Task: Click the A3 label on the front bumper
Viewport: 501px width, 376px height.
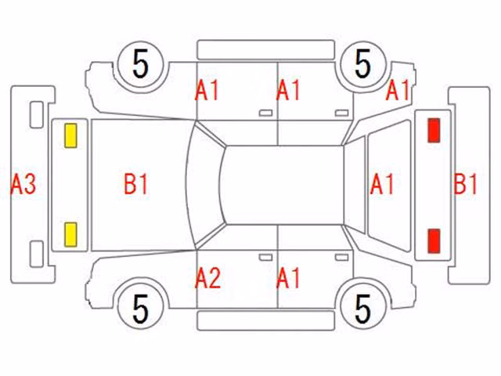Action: tap(23, 185)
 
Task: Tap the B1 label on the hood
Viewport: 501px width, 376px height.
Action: tap(136, 185)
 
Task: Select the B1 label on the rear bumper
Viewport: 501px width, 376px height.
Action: tap(465, 185)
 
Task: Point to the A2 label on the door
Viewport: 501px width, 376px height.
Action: tap(207, 278)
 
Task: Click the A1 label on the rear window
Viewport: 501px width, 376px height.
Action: tap(382, 185)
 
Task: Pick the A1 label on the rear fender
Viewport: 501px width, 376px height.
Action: tap(398, 91)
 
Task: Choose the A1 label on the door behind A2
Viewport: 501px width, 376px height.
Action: tap(288, 278)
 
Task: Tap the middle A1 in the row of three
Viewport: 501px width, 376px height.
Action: tap(288, 91)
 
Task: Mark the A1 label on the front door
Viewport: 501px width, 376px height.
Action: tap(207, 91)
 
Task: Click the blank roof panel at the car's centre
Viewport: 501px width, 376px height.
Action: tap(283, 185)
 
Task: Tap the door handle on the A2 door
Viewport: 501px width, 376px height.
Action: tap(265, 258)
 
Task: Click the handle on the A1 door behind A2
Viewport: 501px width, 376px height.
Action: tap(341, 258)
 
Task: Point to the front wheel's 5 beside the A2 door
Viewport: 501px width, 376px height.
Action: tap(141, 308)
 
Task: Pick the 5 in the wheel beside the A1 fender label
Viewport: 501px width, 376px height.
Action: tap(362, 64)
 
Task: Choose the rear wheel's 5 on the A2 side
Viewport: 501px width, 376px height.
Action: tap(362, 308)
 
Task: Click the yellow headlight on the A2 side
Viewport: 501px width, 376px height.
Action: tap(70, 235)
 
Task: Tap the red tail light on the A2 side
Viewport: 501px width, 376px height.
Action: tap(434, 240)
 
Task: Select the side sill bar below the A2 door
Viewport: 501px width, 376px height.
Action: tap(266, 320)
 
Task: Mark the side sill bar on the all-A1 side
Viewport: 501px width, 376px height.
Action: tap(266, 50)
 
